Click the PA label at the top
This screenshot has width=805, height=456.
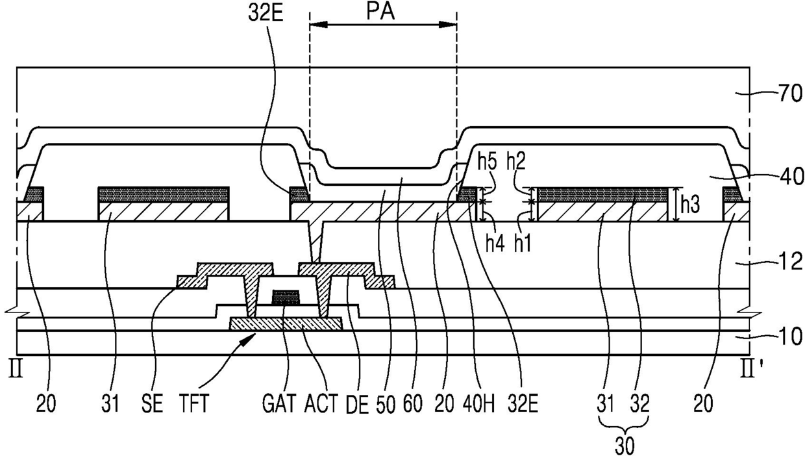(380, 12)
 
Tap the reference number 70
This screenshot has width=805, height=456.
(791, 94)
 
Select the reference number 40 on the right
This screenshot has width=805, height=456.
(791, 177)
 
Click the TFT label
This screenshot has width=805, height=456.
(194, 403)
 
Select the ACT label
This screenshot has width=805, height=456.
(321, 403)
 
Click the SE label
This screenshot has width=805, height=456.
(152, 403)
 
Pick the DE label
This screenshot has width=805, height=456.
(358, 404)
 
